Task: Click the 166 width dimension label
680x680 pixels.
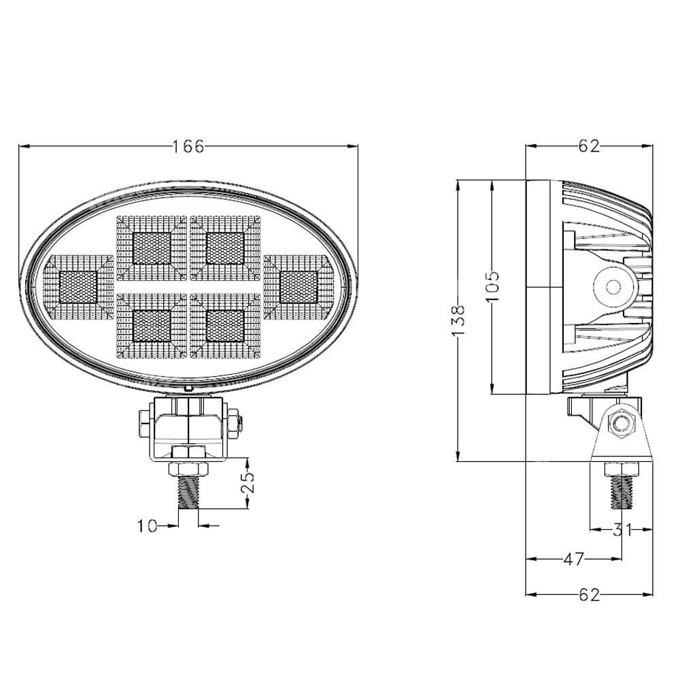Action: coord(188,147)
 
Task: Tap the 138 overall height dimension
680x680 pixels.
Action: coord(458,320)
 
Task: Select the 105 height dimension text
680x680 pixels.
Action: coord(492,288)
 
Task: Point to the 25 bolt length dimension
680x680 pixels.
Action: coord(248,483)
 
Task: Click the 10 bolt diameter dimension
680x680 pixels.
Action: coord(147,526)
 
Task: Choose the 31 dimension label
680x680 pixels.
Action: coord(622,530)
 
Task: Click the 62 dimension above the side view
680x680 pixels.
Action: coord(589,147)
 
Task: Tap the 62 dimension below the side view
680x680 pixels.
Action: coord(589,594)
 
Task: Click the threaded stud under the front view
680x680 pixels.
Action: coord(188,492)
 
